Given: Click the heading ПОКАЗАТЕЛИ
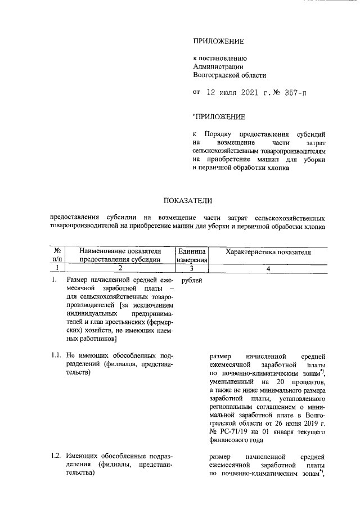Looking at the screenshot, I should tap(188, 200).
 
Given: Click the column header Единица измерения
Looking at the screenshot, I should tap(192, 255).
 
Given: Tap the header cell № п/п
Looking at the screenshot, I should tap(57, 255).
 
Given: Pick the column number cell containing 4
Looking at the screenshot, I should tap(268, 269).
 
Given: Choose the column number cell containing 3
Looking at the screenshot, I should tap(192, 269).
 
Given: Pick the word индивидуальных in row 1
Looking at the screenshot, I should tap(91, 313).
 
